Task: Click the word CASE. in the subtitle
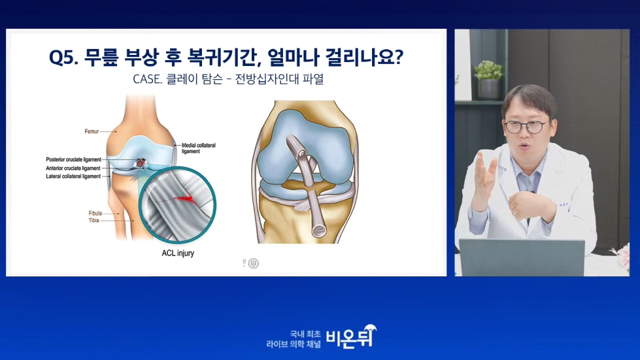pyautogui.click(x=147, y=78)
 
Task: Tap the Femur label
pyautogui.click(x=92, y=131)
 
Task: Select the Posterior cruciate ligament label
pyautogui.click(x=73, y=159)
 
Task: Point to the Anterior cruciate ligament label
pyautogui.click(x=73, y=168)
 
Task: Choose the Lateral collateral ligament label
pyautogui.click(x=73, y=176)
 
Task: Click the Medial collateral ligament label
pyautogui.click(x=198, y=148)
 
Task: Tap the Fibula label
pyautogui.click(x=95, y=213)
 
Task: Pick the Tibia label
pyautogui.click(x=94, y=220)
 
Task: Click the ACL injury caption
pyautogui.click(x=178, y=254)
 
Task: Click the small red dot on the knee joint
pyautogui.click(x=140, y=163)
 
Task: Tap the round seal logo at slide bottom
pyautogui.click(x=253, y=263)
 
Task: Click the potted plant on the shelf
pyautogui.click(x=488, y=80)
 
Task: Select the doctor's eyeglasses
pyautogui.click(x=526, y=127)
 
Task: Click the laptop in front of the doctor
pyautogui.click(x=522, y=257)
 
